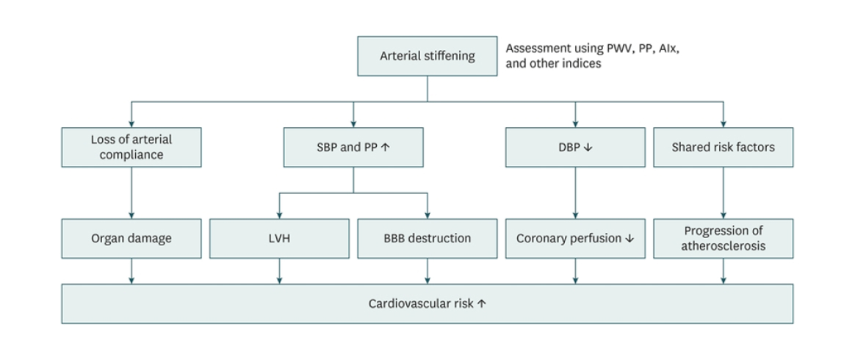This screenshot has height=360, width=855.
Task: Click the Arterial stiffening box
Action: pyautogui.click(x=427, y=57)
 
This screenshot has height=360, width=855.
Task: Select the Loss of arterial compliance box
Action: pyautogui.click(x=131, y=147)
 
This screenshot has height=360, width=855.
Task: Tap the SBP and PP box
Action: pyautogui.click(x=353, y=147)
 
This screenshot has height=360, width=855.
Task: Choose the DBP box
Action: pyautogui.click(x=575, y=147)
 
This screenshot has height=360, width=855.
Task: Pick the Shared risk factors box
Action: pyautogui.click(x=723, y=147)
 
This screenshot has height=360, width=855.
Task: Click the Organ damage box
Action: pyautogui.click(x=131, y=238)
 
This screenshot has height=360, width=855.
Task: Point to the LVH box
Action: pyautogui.click(x=279, y=238)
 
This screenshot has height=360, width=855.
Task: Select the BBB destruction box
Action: pyautogui.click(x=427, y=238)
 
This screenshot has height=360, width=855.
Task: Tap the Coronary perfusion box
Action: pyautogui.click(x=575, y=238)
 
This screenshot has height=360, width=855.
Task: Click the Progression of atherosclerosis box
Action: pyautogui.click(x=723, y=238)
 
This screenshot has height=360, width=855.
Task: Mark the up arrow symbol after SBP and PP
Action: pyautogui.click(x=385, y=147)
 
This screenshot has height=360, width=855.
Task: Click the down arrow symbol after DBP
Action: pyautogui.click(x=588, y=147)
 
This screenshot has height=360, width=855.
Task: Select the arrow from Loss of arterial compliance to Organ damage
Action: pyautogui.click(x=131, y=192)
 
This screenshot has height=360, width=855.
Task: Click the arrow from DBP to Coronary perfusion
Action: pyautogui.click(x=575, y=192)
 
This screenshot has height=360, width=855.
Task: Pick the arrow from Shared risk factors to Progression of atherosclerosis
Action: pyautogui.click(x=723, y=192)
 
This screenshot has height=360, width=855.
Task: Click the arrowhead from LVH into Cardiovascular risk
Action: pyautogui.click(x=279, y=279)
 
